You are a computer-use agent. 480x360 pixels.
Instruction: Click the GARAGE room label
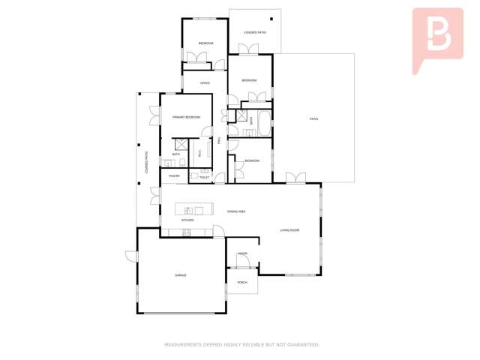point(181,275)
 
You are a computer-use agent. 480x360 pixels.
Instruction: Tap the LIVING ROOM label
point(290,230)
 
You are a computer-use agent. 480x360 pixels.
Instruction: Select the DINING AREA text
point(237,211)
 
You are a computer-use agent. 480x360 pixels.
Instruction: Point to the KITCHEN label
point(187,220)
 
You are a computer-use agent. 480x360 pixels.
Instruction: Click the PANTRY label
point(174,176)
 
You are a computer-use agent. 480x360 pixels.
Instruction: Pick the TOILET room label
point(204,178)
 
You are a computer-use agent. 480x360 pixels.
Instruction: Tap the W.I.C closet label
point(199,154)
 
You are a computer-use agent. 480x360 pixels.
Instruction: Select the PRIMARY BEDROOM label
point(186,117)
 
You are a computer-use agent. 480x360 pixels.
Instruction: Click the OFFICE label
point(204,83)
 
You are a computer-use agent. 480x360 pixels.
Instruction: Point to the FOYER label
point(242,253)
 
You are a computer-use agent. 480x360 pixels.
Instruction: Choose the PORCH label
point(242,282)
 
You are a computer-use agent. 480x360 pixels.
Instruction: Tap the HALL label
point(218,140)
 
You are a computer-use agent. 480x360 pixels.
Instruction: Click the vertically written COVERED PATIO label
point(146,163)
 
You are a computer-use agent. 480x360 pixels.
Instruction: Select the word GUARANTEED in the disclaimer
point(301,345)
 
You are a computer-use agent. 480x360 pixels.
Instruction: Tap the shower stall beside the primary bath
point(180,145)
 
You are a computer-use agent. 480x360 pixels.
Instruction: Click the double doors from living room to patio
point(295,178)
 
